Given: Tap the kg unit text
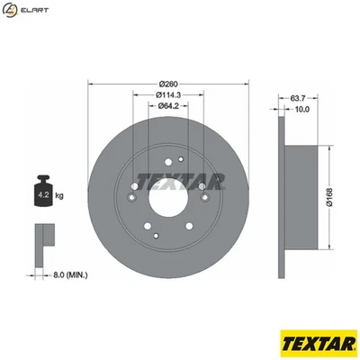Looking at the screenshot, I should tap(60, 193).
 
